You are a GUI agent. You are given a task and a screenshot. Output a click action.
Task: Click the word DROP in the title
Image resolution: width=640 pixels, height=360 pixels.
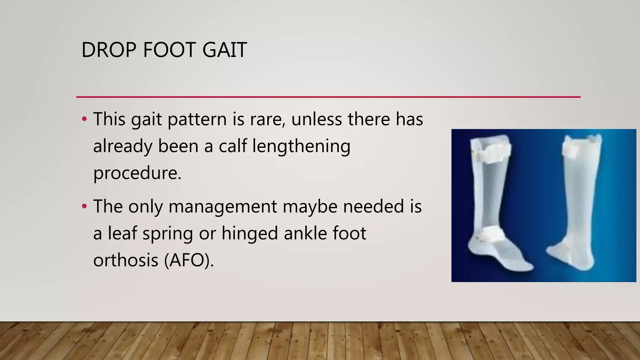109,50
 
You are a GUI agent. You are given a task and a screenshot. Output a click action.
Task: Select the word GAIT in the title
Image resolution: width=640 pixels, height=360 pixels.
224,50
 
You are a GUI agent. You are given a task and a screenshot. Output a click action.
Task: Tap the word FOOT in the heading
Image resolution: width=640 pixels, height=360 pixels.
169,50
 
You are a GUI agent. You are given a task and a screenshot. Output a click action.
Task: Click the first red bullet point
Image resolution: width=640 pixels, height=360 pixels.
84,119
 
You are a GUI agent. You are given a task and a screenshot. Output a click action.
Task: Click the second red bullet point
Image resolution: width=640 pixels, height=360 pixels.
84,206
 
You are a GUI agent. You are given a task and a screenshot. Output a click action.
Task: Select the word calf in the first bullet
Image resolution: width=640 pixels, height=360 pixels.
232,146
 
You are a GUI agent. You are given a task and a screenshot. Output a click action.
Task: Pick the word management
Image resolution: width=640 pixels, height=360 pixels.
222,207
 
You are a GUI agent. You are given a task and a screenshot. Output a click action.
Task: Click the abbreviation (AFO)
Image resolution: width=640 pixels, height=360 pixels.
189,260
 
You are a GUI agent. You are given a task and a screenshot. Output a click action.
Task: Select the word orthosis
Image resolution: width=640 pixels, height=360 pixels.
126,260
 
